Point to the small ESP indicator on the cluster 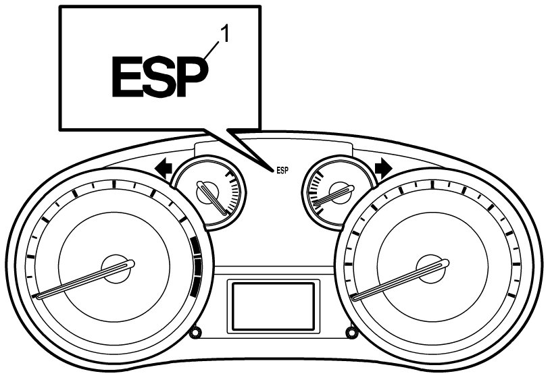(282, 171)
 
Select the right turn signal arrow (384, 168)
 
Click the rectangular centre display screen (273, 306)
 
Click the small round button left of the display (195, 332)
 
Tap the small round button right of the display (351, 332)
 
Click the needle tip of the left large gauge (37, 296)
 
